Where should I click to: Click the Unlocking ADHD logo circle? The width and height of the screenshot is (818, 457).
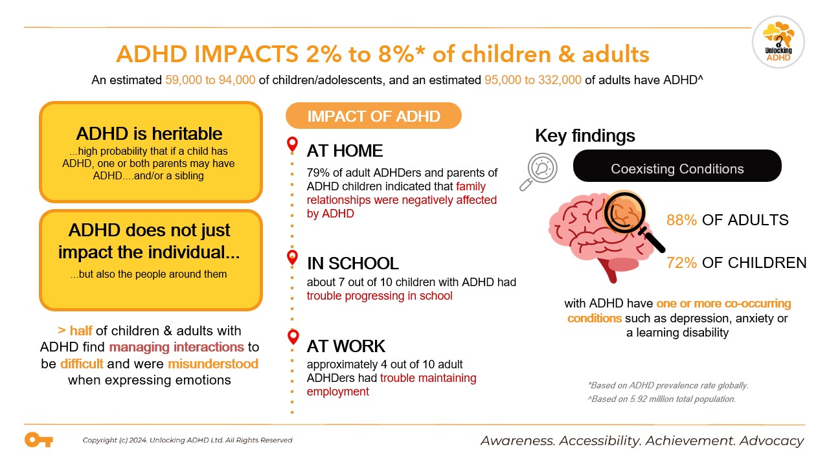tap(778, 42)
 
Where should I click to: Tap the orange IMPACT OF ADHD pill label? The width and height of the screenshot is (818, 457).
tap(374, 117)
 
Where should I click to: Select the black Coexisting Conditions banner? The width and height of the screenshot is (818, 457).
tap(677, 169)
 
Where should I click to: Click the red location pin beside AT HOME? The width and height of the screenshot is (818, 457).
tap(293, 144)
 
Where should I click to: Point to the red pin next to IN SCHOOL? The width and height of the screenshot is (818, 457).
tap(293, 258)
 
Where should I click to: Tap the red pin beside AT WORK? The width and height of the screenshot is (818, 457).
tap(293, 337)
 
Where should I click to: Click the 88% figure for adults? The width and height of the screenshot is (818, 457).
tap(681, 220)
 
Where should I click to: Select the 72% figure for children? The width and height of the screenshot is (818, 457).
tap(681, 263)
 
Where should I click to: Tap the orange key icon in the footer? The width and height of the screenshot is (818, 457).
tap(38, 440)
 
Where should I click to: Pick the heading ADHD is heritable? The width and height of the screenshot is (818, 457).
tap(150, 134)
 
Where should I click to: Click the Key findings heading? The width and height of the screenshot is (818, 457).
tap(585, 136)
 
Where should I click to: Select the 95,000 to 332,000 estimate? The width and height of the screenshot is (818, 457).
tap(528, 81)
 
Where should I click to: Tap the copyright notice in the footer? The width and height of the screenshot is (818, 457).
tap(187, 440)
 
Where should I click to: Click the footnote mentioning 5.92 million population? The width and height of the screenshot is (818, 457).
tap(661, 399)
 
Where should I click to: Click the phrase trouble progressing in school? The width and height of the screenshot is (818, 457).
tap(380, 296)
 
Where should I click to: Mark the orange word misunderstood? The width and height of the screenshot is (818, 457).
tap(213, 364)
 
